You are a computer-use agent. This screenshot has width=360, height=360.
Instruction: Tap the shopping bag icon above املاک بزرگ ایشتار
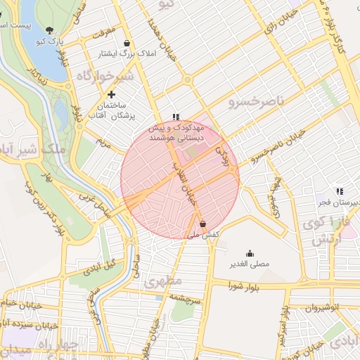point(127,43)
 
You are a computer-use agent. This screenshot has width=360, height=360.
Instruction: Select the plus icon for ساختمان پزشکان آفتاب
point(111,94)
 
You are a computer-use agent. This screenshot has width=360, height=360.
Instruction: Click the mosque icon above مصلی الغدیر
point(250,254)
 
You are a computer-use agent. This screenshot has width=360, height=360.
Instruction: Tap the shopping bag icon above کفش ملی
point(203,224)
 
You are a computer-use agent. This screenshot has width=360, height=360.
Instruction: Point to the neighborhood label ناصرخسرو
point(256,102)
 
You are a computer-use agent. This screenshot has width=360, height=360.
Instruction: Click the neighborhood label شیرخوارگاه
point(105,76)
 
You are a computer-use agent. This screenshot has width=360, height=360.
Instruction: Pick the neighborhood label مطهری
point(164,282)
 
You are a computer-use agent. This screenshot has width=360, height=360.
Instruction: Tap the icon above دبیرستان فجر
point(340,191)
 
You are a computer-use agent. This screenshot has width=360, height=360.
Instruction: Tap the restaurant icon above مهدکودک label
point(175,117)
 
